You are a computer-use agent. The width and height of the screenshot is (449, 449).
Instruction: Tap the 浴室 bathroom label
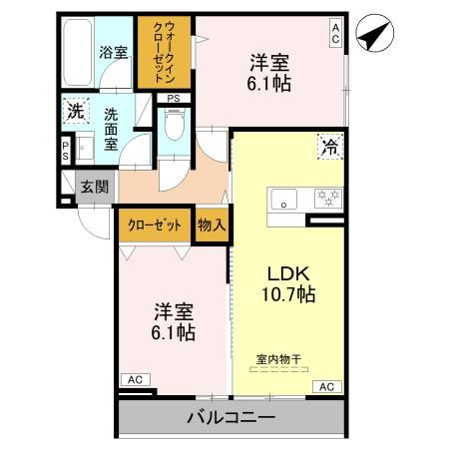112,52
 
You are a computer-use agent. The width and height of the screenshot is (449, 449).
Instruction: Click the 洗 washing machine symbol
75,112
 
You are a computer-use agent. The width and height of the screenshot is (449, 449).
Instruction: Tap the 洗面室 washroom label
113,129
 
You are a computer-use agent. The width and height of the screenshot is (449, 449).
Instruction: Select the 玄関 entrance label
96,187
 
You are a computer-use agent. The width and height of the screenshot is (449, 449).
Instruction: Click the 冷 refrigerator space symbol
328,147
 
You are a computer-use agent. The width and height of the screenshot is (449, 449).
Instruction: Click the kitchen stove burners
326,198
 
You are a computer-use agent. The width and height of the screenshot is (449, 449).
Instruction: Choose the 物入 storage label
211,225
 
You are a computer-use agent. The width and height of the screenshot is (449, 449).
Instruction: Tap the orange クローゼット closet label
155,225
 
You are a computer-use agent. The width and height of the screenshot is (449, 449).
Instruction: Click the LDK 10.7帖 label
289,284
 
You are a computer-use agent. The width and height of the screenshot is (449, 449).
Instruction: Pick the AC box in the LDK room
325,386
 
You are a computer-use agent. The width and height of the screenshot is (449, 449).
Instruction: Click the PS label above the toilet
174,98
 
